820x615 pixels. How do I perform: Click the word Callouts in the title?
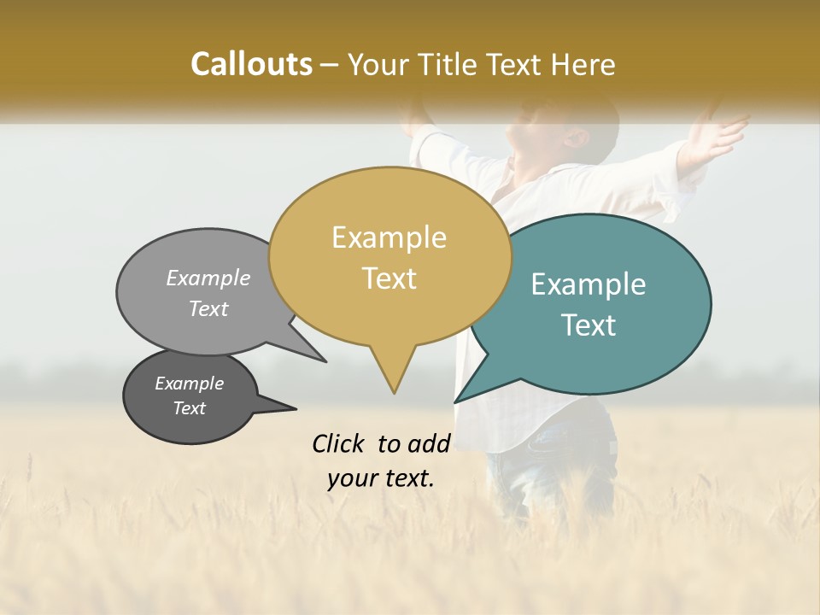pos(251,64)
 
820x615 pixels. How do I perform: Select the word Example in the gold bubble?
pos(389,237)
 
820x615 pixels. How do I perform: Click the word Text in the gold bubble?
pos(389,278)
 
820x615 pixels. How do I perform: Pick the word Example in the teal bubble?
pos(588,284)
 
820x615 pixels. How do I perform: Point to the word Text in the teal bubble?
pos(589,325)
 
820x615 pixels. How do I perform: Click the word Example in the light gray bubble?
pos(208,278)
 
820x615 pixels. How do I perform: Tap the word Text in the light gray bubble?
pos(208,308)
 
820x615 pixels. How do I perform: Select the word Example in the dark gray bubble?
pos(189,384)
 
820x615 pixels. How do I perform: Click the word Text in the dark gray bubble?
pos(189,408)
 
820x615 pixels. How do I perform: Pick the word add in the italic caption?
pos(429,443)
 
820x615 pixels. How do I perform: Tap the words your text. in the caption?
pos(381,478)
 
